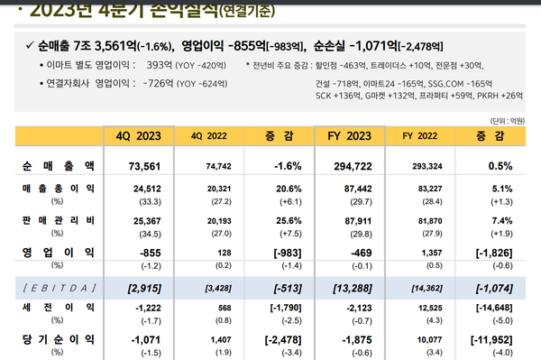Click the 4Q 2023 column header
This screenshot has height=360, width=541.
(x=139, y=136)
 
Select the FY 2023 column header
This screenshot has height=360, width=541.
(x=349, y=136)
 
